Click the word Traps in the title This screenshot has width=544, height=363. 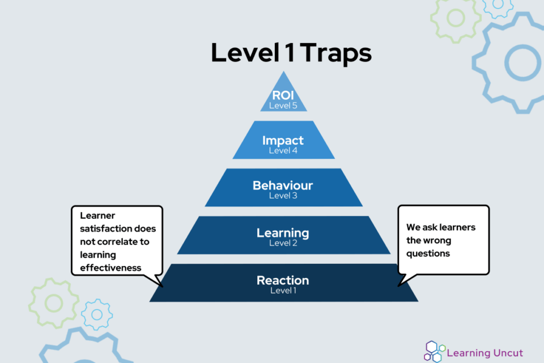coord(336,53)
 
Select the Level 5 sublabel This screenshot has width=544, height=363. coord(283,105)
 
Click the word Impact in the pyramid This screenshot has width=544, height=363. coord(283,141)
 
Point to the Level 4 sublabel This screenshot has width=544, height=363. coord(283,151)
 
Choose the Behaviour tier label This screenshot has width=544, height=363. coord(283,185)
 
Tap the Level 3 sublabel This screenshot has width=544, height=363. coord(283,196)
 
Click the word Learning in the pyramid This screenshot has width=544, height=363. coord(283,233)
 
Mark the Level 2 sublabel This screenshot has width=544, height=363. coord(283,243)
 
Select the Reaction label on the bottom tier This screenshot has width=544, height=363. coord(283,280)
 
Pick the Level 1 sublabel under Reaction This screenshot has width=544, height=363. coord(283,290)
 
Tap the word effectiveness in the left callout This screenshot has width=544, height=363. coord(110,268)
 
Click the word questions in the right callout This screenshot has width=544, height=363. coord(428,253)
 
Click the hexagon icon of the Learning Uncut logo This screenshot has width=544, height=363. coord(433,351)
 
